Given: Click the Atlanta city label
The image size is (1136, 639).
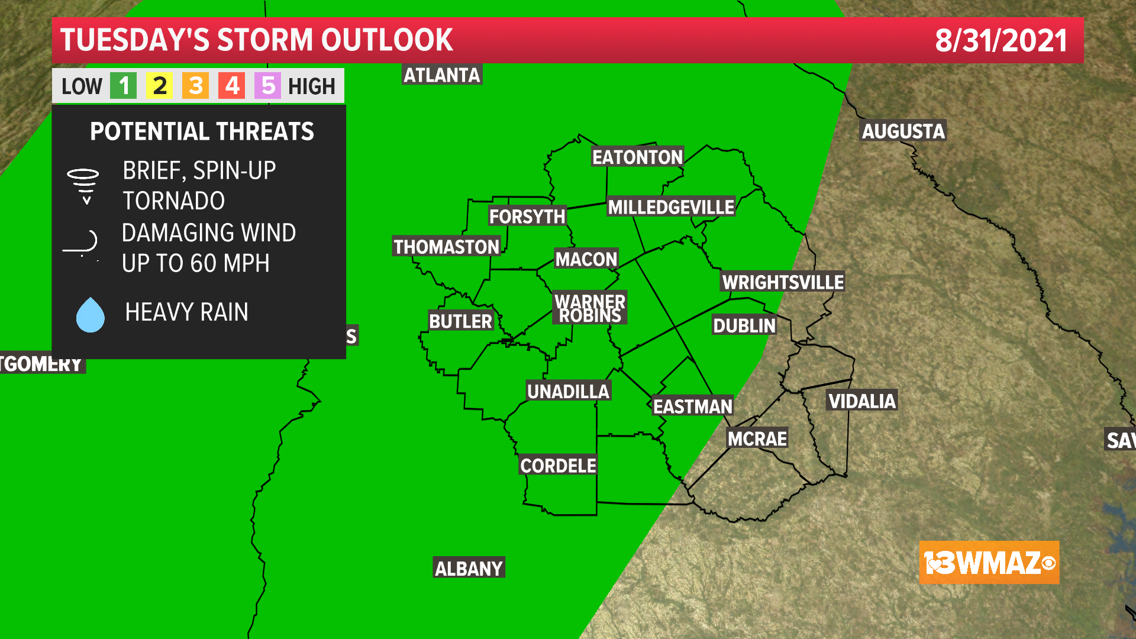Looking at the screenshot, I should (441, 75).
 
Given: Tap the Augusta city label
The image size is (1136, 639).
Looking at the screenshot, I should (903, 131).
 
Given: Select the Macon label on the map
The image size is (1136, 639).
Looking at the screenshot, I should (586, 259).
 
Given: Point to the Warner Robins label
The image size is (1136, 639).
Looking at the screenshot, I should (590, 308).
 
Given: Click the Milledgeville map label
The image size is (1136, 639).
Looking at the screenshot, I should (671, 207).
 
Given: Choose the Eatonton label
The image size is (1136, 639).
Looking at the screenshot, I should (637, 157).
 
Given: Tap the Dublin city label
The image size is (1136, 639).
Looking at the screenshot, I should (744, 325).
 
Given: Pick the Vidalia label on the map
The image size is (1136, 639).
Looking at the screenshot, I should (861, 401).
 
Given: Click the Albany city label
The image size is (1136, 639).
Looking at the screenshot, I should (469, 569).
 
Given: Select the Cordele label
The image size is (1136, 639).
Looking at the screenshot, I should (558, 466).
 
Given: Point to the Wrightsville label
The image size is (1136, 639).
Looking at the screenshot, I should (783, 282).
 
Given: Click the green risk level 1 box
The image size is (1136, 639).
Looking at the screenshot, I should (124, 86).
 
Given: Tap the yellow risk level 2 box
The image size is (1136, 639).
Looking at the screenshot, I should (160, 86).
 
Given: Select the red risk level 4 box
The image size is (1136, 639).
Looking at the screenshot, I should (232, 86).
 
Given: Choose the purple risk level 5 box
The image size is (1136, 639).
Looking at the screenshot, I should (268, 86).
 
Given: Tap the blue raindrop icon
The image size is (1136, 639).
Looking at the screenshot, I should (91, 315).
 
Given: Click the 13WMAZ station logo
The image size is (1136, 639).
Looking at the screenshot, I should (989, 563).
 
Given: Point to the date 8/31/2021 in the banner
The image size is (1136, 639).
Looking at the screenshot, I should (1001, 40).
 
